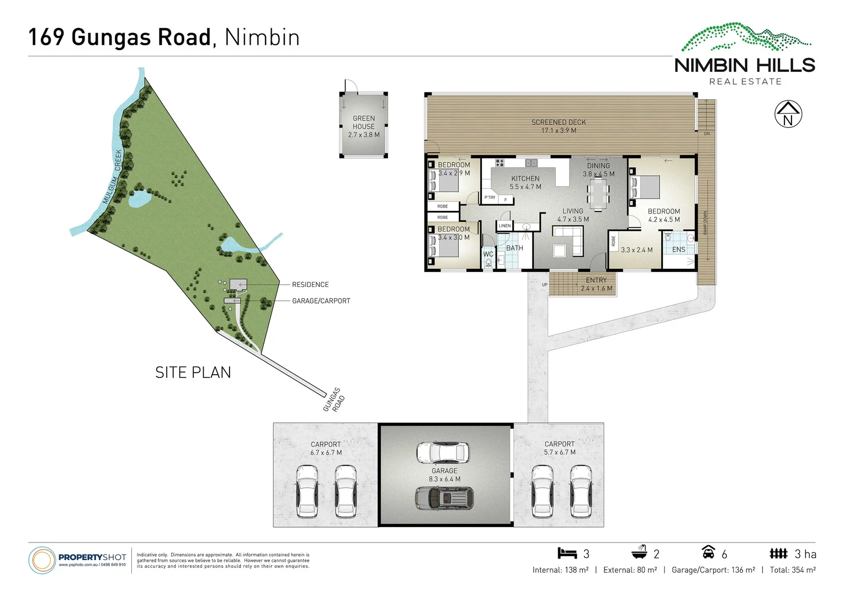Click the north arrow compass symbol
coord(788,115)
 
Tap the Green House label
coord(364,126)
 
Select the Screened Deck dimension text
coord(559,130)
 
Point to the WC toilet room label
coord(488,254)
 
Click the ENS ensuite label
coord(678,250)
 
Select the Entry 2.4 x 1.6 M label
coord(596,284)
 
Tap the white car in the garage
coord(443,453)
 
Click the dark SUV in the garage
coord(444,498)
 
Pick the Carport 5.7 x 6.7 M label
coord(560,448)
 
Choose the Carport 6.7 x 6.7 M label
coord(326,448)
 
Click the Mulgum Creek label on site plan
coord(113,177)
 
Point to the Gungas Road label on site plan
coord(334,400)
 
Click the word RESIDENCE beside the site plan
coord(310,285)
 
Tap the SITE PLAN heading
coord(193,372)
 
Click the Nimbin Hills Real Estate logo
coord(745,55)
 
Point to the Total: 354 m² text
coord(793,570)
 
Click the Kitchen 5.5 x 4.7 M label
coord(525,183)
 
